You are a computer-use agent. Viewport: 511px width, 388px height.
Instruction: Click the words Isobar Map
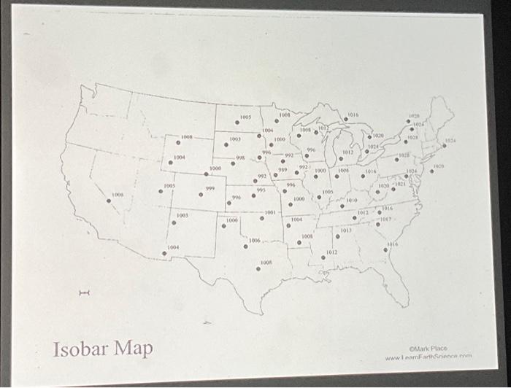[102, 349]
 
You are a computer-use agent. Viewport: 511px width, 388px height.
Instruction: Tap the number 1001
[270, 212]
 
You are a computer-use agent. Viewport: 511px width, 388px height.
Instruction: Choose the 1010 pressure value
[351, 199]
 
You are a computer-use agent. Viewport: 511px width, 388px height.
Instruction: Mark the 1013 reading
[346, 230]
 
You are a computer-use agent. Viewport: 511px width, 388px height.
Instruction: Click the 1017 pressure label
[387, 218]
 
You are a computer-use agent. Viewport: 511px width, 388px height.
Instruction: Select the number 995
[261, 189]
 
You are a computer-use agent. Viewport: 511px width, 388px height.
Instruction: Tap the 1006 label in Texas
[254, 240]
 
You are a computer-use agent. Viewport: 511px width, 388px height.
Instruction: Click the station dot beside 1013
[337, 237]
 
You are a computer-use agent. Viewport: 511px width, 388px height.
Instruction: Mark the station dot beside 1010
[342, 206]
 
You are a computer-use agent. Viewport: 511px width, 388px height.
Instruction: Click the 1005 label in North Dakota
[245, 117]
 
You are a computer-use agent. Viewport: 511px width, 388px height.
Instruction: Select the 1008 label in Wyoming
[187, 136]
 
